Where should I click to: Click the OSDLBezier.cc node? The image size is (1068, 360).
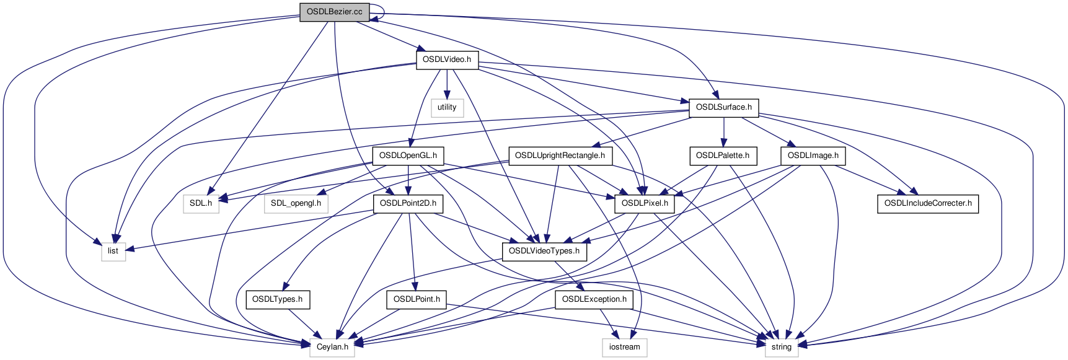click(x=334, y=12)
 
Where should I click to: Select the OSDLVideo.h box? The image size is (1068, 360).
click(x=447, y=60)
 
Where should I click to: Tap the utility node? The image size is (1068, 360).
click(x=447, y=108)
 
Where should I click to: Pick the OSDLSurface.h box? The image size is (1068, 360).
click(x=723, y=108)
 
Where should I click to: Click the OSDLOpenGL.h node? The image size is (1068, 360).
click(x=408, y=156)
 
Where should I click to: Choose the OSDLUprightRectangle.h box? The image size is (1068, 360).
click(x=560, y=156)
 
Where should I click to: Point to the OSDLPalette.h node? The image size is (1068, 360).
click(x=722, y=156)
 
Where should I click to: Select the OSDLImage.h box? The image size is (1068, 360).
click(x=813, y=156)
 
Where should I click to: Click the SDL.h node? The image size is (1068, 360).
click(x=201, y=203)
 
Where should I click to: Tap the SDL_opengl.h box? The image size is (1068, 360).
click(x=296, y=203)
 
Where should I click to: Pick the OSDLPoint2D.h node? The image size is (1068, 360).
click(x=408, y=203)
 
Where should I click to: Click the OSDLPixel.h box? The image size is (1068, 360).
click(x=645, y=203)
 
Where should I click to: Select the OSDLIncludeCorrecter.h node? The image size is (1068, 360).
click(x=927, y=203)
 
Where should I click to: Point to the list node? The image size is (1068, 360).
click(x=113, y=251)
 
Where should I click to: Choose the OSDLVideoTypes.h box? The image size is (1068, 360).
click(x=544, y=251)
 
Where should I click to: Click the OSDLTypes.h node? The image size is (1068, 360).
click(x=277, y=299)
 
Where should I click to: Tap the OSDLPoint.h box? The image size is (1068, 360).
click(x=417, y=299)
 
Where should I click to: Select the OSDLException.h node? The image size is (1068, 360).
click(x=594, y=299)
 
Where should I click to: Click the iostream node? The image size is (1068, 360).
click(x=624, y=347)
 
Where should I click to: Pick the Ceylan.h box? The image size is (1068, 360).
click(x=332, y=347)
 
